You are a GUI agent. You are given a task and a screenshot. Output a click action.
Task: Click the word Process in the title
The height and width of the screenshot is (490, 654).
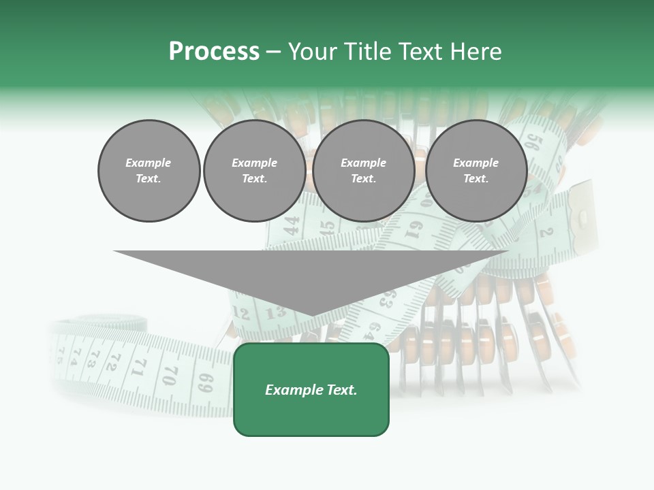point(214,52)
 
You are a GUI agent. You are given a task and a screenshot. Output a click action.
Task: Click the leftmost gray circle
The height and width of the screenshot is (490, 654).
point(149,171)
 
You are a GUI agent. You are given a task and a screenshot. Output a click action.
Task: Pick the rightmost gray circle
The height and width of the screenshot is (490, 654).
point(476,171)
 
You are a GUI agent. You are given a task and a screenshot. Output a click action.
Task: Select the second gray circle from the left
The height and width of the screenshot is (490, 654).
point(255,171)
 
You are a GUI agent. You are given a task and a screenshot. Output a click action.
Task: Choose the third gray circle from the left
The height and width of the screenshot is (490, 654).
point(364,171)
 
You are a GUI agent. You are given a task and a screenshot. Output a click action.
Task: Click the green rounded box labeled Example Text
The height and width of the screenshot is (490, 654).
point(311,389)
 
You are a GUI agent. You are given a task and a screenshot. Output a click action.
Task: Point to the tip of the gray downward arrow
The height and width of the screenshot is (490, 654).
point(311,315)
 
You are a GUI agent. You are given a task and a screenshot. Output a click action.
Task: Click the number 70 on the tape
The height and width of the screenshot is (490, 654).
point(171,374)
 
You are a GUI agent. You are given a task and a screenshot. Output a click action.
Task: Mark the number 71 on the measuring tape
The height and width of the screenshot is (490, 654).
point(140,367)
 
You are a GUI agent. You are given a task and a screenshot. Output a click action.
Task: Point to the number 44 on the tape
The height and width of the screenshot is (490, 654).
point(291,225)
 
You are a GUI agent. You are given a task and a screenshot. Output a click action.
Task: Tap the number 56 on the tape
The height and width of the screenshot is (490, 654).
point(533,144)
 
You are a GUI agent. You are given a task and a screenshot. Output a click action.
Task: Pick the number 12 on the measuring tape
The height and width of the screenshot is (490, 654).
point(241,313)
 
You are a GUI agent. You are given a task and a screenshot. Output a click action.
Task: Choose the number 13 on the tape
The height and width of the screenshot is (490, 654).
point(275,312)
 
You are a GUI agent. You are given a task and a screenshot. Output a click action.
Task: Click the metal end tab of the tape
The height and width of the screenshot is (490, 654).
point(582,211)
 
